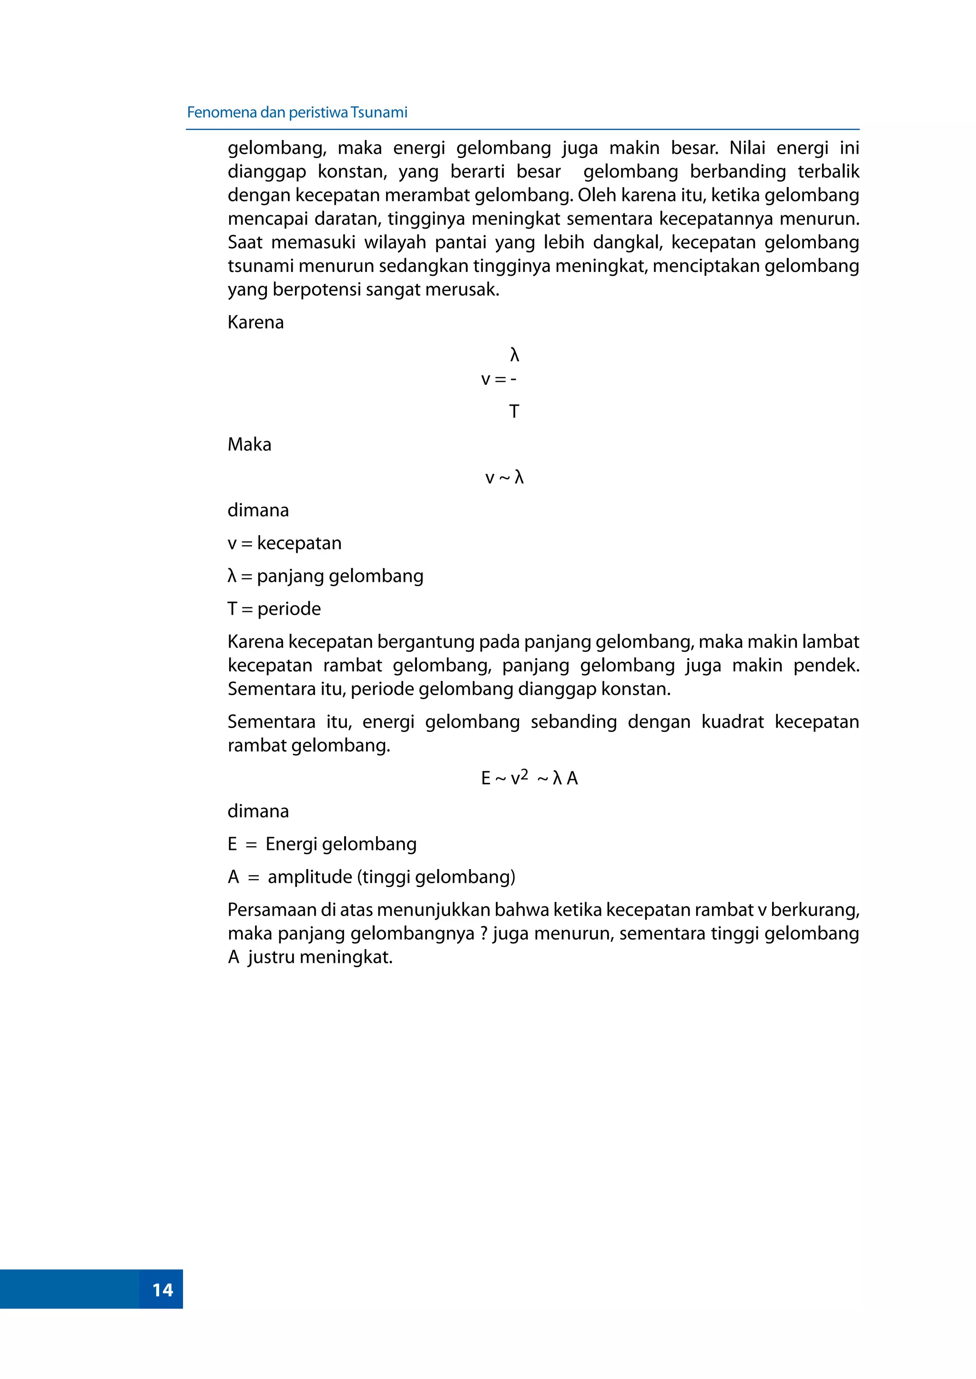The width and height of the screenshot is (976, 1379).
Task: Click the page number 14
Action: click(162, 1289)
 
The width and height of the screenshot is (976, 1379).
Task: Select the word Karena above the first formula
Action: click(255, 322)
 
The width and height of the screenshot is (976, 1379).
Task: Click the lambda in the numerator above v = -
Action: click(514, 355)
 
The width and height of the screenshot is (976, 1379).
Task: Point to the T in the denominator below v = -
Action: click(514, 411)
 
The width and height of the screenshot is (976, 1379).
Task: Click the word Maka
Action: click(249, 444)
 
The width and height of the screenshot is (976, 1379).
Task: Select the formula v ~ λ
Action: click(504, 478)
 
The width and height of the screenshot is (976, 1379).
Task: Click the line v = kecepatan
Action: click(284, 543)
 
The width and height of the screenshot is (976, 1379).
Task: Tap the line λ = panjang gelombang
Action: click(325, 576)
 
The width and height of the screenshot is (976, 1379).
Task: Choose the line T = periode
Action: click(274, 609)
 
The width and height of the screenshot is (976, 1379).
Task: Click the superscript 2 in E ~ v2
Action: click(524, 774)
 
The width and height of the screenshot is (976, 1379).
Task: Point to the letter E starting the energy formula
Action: click(486, 779)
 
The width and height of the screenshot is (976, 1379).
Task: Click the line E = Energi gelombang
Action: click(322, 844)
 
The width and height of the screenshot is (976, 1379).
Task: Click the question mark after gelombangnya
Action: click(483, 933)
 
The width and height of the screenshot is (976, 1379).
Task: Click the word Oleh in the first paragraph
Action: click(598, 195)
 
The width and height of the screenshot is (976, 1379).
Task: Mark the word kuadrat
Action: click(732, 721)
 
